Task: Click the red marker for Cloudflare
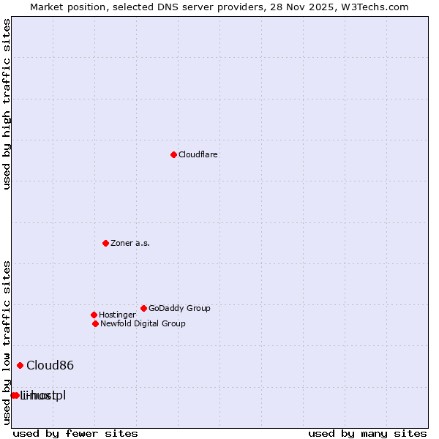coord(173,154)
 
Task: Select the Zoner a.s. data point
coord(105,243)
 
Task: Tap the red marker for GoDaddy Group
coord(143,308)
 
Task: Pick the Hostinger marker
coord(94,315)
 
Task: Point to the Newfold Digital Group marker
coord(95,323)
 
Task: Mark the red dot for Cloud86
coord(20,365)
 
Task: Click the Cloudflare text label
coord(198,154)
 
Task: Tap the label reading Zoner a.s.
coord(130,243)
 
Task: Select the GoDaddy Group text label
coord(179,308)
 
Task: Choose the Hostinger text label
coord(117,315)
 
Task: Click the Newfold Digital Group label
coord(143,323)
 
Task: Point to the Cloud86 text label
coord(50,365)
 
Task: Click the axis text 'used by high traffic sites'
coord(7,104)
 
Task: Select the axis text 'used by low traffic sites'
coord(7,342)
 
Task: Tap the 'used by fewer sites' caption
coord(75,433)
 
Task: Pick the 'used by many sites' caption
coord(367,433)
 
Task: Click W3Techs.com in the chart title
coord(375,7)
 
